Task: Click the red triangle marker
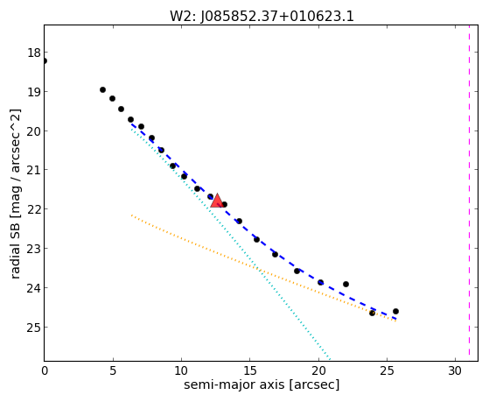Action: [x=217, y=201]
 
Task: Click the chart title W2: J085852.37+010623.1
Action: [x=262, y=17]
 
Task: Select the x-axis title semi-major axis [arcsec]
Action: [x=262, y=384]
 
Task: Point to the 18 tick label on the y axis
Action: [x=34, y=53]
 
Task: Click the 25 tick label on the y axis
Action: [x=34, y=327]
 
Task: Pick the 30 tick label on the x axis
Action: [x=455, y=370]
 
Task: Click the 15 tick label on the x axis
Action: [x=249, y=370]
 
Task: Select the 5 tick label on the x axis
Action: [x=113, y=370]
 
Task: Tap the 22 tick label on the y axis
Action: [x=34, y=208]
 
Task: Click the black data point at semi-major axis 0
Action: [x=45, y=60]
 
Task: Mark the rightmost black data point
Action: [x=395, y=311]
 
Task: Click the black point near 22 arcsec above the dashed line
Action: [x=346, y=284]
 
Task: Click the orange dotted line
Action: [x=263, y=268]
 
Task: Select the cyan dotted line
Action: [x=231, y=243]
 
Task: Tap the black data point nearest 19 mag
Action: [x=102, y=89]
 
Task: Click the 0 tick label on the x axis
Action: [x=45, y=370]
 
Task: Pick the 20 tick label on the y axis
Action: [x=34, y=130]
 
